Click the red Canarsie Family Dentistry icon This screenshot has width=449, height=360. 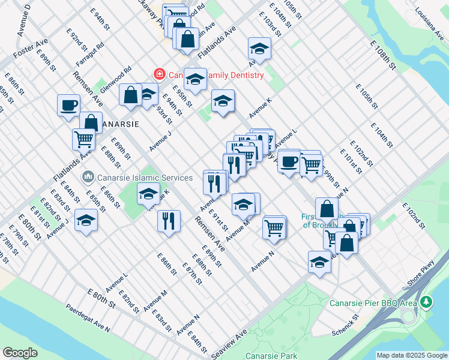(160, 75)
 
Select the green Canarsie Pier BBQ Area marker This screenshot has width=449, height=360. (426, 301)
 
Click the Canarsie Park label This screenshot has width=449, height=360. (272, 356)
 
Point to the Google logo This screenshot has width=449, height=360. (20, 353)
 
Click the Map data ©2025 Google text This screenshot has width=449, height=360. (412, 356)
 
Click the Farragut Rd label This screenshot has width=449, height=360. (90, 53)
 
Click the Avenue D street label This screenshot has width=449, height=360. (25, 19)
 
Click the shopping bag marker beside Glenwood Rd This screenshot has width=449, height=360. (130, 95)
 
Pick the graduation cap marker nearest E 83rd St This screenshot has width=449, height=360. (86, 220)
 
